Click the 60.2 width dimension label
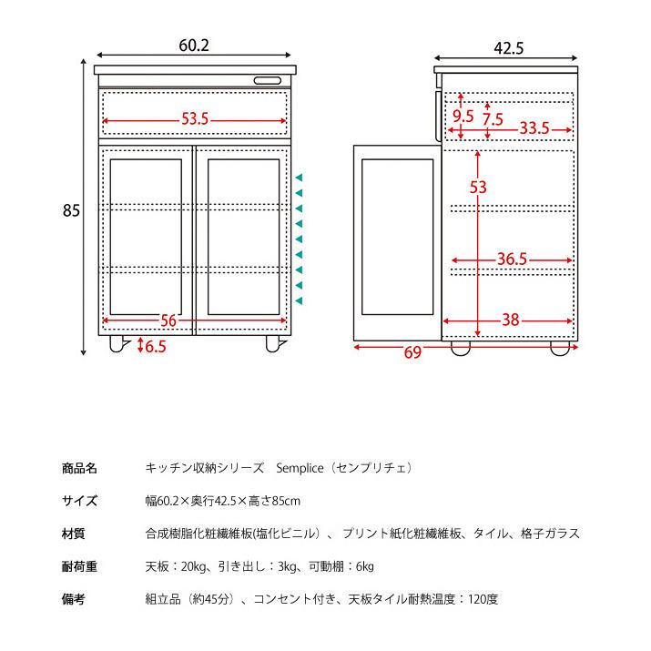pos(194,46)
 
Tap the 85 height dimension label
pos(71,210)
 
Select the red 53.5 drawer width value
pos(195,119)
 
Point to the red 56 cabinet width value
pos(168,320)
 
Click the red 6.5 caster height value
pos(156,346)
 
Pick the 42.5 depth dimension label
pos(509,48)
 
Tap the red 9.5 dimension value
pos(463,117)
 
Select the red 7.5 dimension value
pos(493,119)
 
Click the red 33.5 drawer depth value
pos(534,127)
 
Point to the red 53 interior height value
pos(478,188)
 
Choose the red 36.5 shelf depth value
pos(513,259)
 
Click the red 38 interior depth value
pos(511,320)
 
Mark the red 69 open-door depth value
pos(412,352)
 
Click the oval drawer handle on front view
pos(268,80)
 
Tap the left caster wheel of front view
pos(117,344)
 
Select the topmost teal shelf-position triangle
pos(299,178)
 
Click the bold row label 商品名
pos(79,468)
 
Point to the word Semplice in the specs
pos(300,468)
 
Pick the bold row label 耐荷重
pos(79,566)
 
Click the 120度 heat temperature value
pos(483,599)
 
